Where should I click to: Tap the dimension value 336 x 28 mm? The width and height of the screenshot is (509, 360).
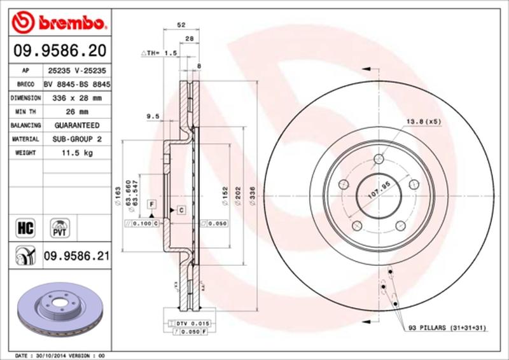tap(76, 99)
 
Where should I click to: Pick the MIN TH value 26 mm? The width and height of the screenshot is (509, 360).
tap(76, 112)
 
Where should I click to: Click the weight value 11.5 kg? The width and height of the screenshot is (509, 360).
tap(76, 153)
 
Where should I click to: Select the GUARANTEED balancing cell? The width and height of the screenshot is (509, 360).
tap(76, 126)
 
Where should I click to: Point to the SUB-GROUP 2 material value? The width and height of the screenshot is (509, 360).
tap(76, 139)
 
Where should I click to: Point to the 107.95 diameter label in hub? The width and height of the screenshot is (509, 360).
tap(378, 190)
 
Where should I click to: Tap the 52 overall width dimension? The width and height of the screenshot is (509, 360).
tap(181, 25)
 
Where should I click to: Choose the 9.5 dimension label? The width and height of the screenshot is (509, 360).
tap(151, 116)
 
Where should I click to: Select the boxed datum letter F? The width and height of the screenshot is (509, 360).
tap(151, 204)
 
